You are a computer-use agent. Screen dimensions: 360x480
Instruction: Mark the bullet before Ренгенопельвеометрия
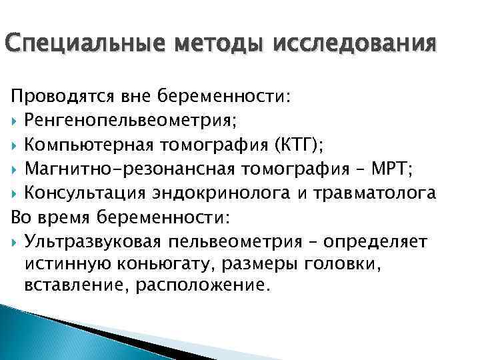tap(15, 121)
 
